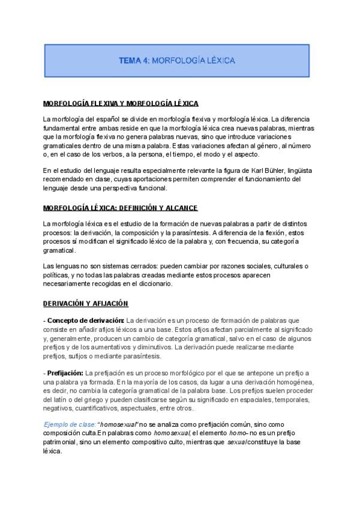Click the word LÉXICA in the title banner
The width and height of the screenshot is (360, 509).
click(219, 61)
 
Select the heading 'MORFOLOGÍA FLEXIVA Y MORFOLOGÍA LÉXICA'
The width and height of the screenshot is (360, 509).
click(121, 103)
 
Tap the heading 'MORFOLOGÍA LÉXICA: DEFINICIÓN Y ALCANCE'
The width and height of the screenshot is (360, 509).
click(120, 208)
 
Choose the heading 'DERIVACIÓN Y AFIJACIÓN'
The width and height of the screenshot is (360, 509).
click(86, 304)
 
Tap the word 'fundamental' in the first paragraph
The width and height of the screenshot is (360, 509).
click(65, 128)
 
